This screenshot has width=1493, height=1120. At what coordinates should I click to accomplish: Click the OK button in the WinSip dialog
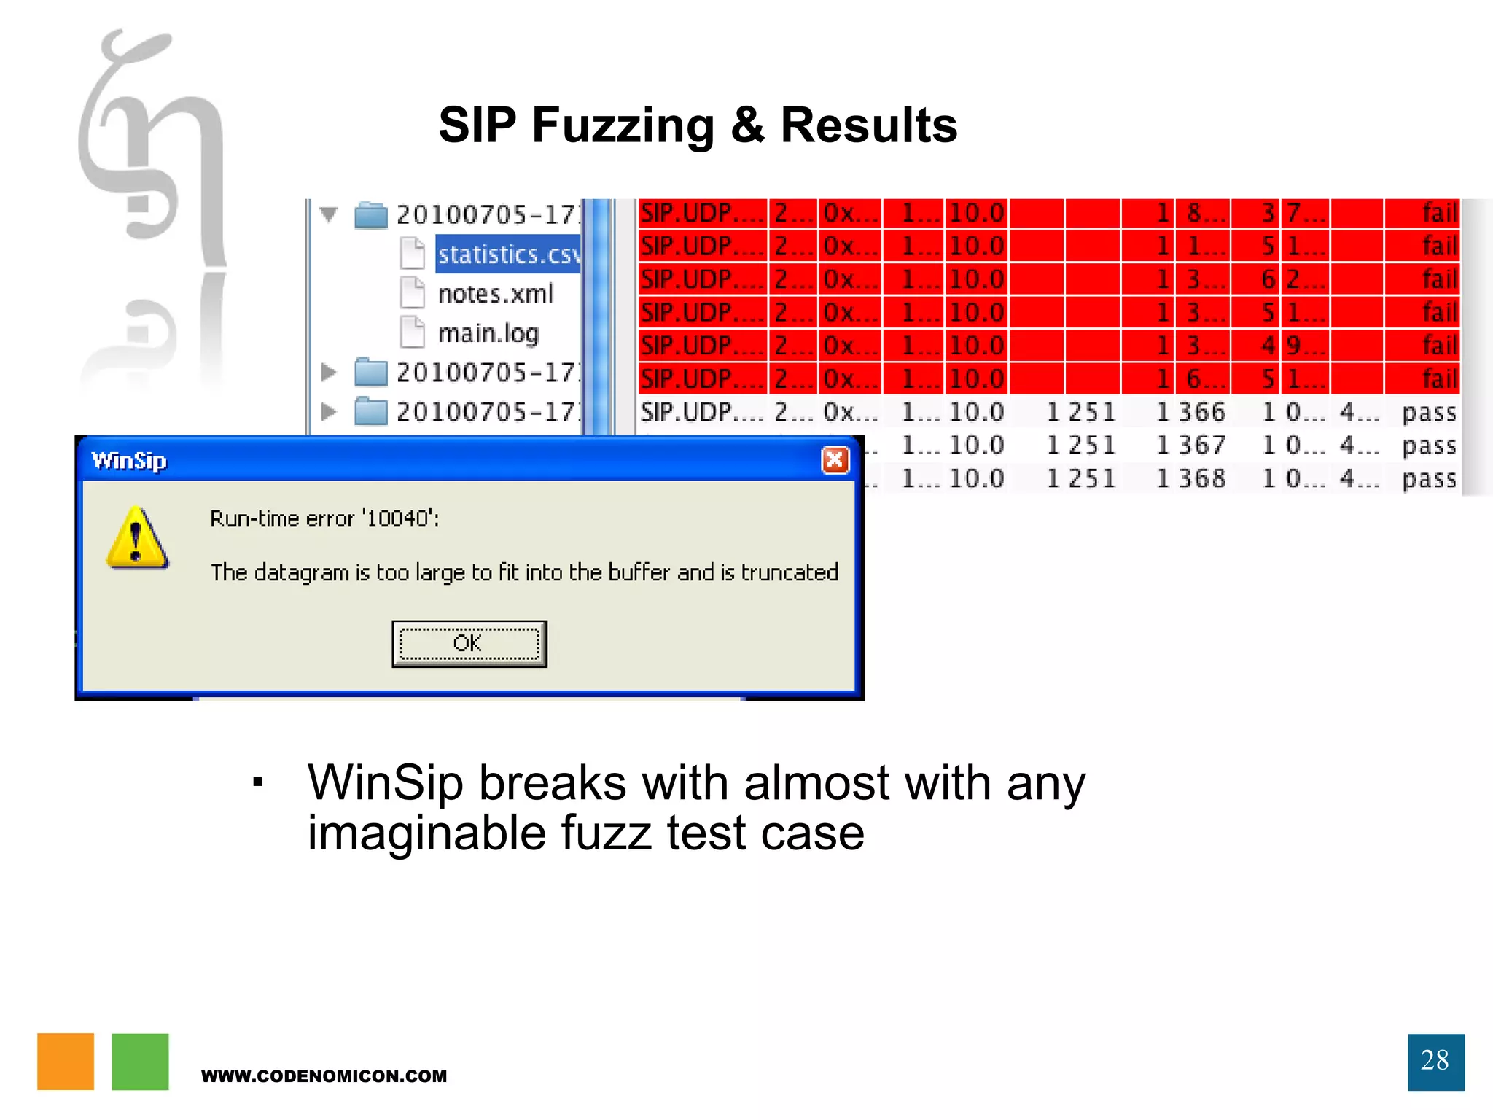[469, 643]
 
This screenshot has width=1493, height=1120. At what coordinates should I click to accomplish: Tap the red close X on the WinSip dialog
[835, 460]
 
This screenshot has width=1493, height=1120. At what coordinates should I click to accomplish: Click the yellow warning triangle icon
[137, 539]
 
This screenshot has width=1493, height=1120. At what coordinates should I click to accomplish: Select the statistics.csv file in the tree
[508, 254]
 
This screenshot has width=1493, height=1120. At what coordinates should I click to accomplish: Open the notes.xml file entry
[495, 294]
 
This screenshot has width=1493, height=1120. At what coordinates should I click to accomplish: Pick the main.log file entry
[488, 333]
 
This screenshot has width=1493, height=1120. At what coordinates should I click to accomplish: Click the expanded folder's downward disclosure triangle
[329, 214]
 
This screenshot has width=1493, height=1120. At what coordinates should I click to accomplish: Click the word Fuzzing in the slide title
[623, 125]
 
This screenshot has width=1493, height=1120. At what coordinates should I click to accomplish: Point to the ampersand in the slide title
[747, 125]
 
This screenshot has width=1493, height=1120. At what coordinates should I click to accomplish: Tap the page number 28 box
[1435, 1061]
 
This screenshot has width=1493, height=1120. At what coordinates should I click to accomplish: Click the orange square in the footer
[66, 1061]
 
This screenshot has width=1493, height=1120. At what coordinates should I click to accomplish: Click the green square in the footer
[140, 1061]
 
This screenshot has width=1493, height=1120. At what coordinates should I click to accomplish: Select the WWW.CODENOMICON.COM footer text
[324, 1076]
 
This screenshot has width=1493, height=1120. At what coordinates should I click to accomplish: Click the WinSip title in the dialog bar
[129, 461]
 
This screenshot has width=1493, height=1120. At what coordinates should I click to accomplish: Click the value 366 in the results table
[1202, 413]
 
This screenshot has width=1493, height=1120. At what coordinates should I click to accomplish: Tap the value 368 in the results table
[1202, 479]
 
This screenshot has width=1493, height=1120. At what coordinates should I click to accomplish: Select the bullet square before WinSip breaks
[257, 783]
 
